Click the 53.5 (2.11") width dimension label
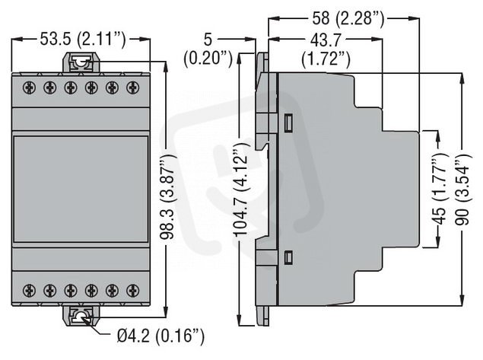pyautogui.click(x=83, y=40)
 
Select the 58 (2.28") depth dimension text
pyautogui.click(x=348, y=18)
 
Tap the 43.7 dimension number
pyautogui.click(x=326, y=40)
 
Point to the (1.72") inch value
pyautogui.click(x=326, y=59)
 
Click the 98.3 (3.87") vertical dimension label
pyautogui.click(x=169, y=196)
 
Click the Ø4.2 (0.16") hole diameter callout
pyautogui.click(x=160, y=336)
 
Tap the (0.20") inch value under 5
pyautogui.click(x=208, y=59)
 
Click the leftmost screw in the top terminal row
pyautogui.click(x=29, y=88)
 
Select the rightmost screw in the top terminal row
pyautogui.click(x=133, y=88)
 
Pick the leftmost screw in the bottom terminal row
pyautogui.click(x=29, y=290)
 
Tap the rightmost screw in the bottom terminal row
pyautogui.click(x=133, y=290)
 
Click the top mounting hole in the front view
pyautogui.click(x=81, y=63)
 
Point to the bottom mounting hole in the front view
pyautogui.click(x=81, y=317)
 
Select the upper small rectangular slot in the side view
pyautogui.click(x=288, y=123)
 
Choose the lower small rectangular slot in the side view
pyautogui.click(x=288, y=257)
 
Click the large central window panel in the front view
pyautogui.click(x=81, y=189)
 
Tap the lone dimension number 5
pyautogui.click(x=208, y=40)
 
